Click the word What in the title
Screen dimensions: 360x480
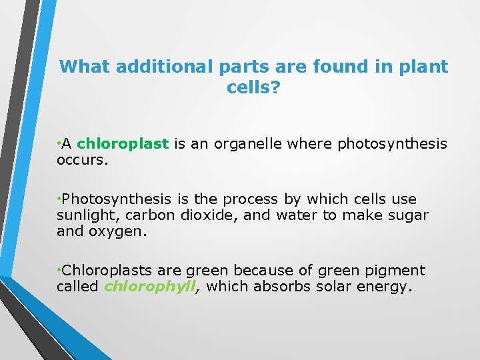pyautogui.click(x=85, y=67)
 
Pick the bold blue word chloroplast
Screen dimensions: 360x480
pyautogui.click(x=123, y=143)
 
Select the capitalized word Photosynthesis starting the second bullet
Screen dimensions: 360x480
pyautogui.click(x=119, y=199)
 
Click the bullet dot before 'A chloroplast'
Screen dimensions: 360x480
pyautogui.click(x=59, y=143)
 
